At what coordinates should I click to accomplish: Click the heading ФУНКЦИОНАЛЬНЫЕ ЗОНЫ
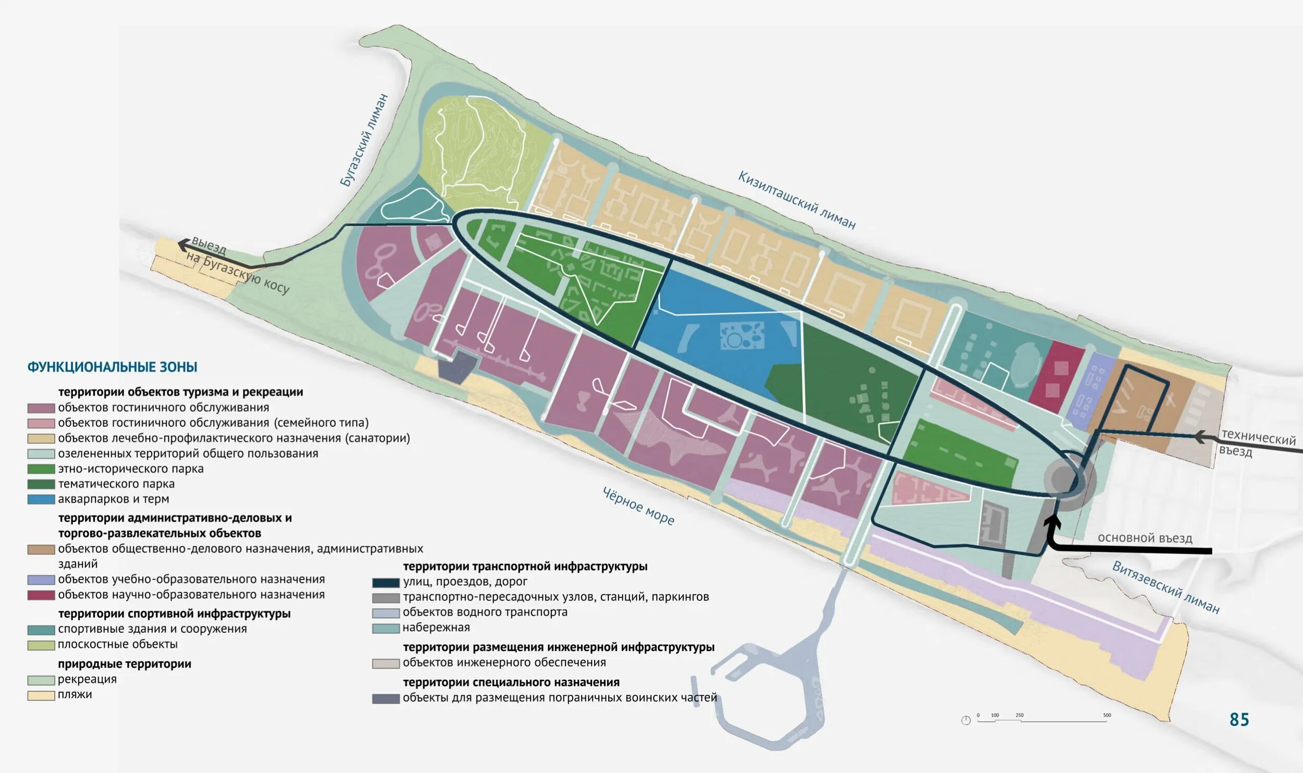pyautogui.click(x=112, y=367)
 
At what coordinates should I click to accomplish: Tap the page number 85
pyautogui.click(x=1239, y=720)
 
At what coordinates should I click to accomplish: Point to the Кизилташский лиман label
pyautogui.click(x=796, y=200)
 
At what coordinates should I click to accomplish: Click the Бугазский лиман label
pyautogui.click(x=364, y=140)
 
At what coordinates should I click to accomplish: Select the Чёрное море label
pyautogui.click(x=638, y=506)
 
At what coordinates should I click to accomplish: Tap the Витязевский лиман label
pyautogui.click(x=1165, y=587)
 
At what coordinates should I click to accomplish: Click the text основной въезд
pyautogui.click(x=1145, y=538)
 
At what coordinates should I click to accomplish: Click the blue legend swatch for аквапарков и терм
pyautogui.click(x=41, y=499)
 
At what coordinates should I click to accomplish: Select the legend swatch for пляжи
pyautogui.click(x=41, y=695)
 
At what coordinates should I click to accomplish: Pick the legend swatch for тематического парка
pyautogui.click(x=41, y=484)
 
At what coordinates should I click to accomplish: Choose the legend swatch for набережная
pyautogui.click(x=386, y=628)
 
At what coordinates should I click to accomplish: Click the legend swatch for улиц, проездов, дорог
pyautogui.click(x=386, y=582)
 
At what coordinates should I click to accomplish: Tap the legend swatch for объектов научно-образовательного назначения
pyautogui.click(x=41, y=595)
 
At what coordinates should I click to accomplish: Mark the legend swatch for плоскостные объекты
pyautogui.click(x=41, y=645)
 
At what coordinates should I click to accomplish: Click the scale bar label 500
pyautogui.click(x=1107, y=715)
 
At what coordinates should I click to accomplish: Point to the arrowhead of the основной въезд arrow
pyautogui.click(x=1052, y=522)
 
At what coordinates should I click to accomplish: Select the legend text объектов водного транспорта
pyautogui.click(x=485, y=612)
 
